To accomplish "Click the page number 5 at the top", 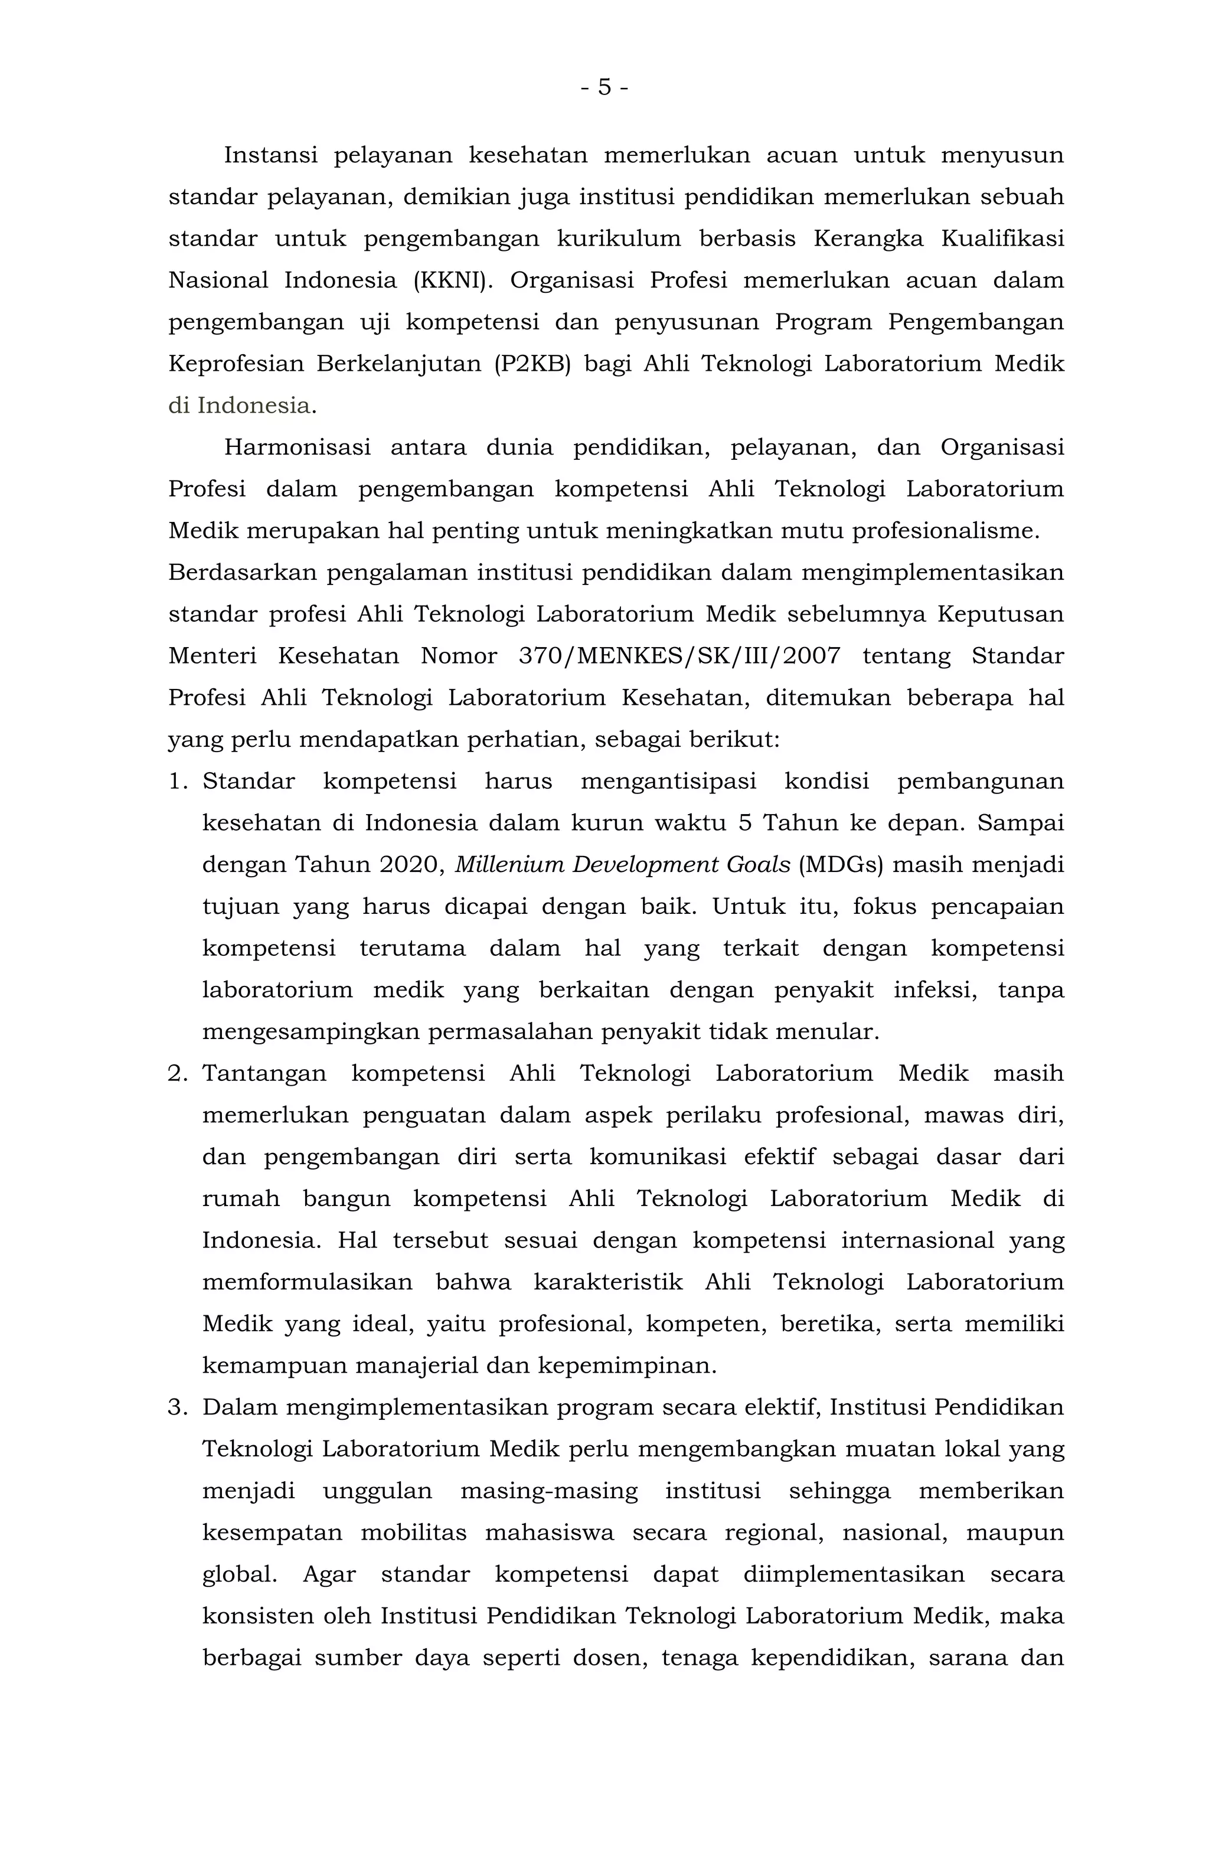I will pyautogui.click(x=604, y=88).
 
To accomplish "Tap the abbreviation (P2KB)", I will pyautogui.click(x=531, y=364).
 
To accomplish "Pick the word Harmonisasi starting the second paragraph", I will pyautogui.click(x=297, y=447).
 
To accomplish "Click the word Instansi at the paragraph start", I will pyautogui.click(x=270, y=155).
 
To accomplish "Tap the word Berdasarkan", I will pyautogui.click(x=243, y=573).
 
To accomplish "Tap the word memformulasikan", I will pyautogui.click(x=307, y=1282).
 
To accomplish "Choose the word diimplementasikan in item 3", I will pyautogui.click(x=853, y=1574).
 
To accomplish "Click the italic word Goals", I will pyautogui.click(x=754, y=865).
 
